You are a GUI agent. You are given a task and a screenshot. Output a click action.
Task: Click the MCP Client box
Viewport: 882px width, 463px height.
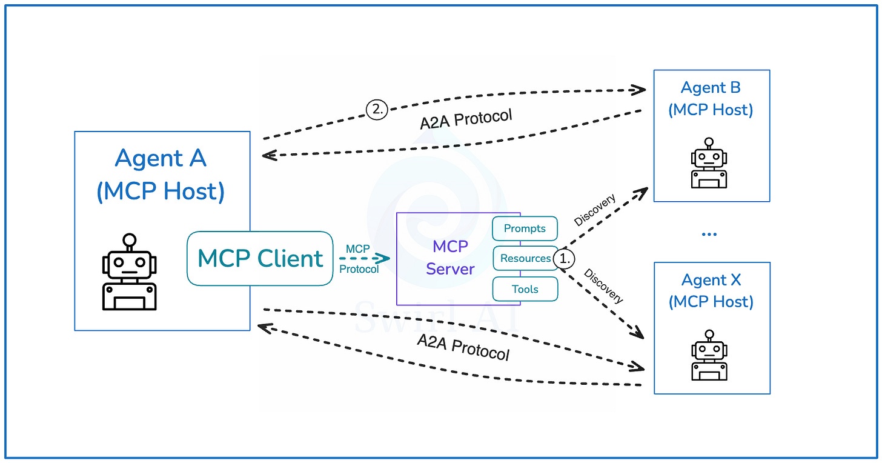260,258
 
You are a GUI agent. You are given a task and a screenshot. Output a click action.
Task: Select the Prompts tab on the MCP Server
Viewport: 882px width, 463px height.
525,228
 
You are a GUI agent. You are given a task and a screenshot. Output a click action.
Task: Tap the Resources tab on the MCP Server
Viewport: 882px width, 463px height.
525,258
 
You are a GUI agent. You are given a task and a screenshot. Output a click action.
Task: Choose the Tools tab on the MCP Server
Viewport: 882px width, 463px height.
525,289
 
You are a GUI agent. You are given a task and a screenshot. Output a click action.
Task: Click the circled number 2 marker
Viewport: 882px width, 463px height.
376,109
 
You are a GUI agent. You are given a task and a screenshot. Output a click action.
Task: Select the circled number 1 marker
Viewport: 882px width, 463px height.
564,258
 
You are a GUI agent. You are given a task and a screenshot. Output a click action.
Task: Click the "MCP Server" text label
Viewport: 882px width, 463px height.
450,258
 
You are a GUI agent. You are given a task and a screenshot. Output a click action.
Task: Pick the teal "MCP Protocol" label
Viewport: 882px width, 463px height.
359,259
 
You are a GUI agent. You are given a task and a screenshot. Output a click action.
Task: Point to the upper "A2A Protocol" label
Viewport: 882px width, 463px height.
466,119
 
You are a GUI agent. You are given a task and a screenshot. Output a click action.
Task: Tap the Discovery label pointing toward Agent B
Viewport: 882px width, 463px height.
595,210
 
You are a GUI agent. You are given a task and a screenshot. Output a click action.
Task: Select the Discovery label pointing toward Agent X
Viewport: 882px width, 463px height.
603,285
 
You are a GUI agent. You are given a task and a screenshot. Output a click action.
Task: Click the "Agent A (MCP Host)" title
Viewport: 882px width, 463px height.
161,175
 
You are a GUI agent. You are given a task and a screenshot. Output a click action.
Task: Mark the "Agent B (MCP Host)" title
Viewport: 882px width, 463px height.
711,99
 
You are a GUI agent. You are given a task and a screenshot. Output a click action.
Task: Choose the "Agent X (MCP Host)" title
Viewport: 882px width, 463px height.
711,291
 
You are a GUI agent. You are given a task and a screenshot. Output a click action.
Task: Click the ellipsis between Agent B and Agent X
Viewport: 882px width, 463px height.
709,234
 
